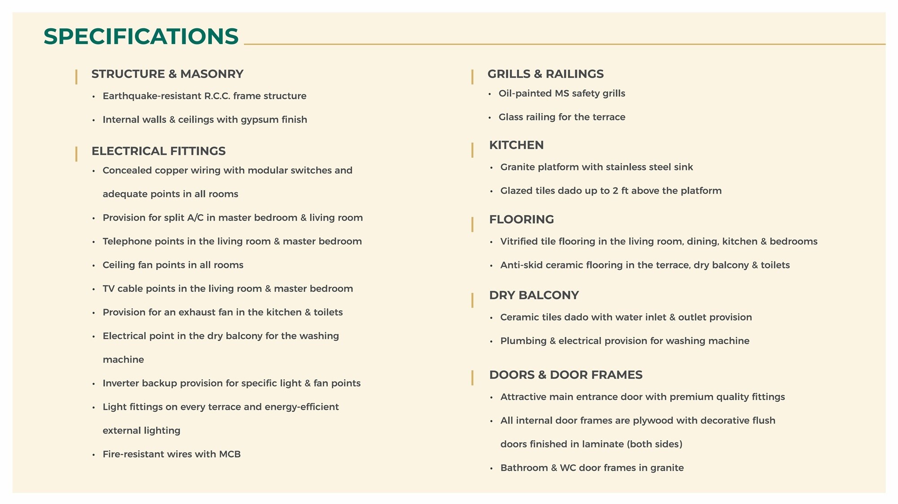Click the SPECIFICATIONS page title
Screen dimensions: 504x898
click(141, 36)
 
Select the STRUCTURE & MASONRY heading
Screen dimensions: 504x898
click(167, 74)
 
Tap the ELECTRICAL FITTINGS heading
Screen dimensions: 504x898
click(158, 151)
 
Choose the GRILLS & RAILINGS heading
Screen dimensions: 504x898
click(545, 74)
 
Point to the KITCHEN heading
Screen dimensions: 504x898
click(516, 145)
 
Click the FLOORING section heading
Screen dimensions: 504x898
click(521, 219)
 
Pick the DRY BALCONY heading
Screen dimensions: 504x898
click(534, 295)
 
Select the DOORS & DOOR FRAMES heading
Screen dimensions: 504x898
click(565, 375)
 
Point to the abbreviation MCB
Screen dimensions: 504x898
click(230, 454)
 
